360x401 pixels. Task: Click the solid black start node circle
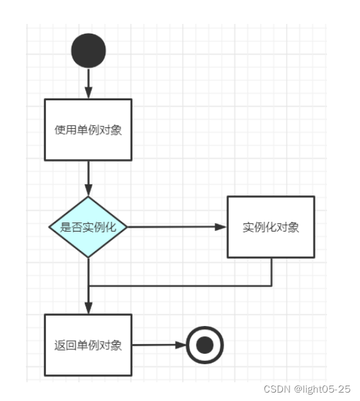point(89,51)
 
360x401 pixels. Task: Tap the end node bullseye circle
point(204,345)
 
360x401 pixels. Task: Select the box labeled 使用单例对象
point(88,129)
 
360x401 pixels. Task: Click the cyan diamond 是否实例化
point(88,227)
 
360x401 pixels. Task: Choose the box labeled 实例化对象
point(270,227)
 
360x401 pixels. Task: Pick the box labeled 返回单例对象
point(88,345)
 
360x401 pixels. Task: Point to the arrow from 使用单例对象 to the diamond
point(89,177)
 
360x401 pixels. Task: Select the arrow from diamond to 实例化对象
point(175,227)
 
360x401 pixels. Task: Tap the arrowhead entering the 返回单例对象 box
point(89,309)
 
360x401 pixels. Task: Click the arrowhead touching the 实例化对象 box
point(221,227)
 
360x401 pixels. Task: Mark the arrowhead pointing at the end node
point(180,345)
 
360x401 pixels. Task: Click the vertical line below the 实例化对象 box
point(271,272)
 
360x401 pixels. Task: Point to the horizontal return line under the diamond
point(181,286)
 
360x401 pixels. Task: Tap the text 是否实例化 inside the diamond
point(88,227)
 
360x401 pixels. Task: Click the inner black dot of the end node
point(204,345)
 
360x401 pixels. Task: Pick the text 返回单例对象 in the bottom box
point(88,345)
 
